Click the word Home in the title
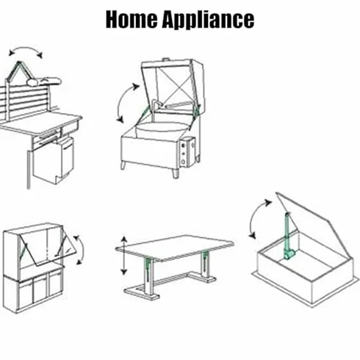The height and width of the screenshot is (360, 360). [132, 19]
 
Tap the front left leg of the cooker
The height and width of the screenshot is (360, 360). [123, 165]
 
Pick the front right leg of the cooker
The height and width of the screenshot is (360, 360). [176, 173]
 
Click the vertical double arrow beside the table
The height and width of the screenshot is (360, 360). [124, 256]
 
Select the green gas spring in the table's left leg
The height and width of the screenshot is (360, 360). [148, 267]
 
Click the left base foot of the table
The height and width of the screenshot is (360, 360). [142, 292]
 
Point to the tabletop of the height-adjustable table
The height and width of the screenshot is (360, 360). [175, 248]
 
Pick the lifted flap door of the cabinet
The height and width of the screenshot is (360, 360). [48, 248]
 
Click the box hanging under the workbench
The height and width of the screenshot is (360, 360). [54, 160]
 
